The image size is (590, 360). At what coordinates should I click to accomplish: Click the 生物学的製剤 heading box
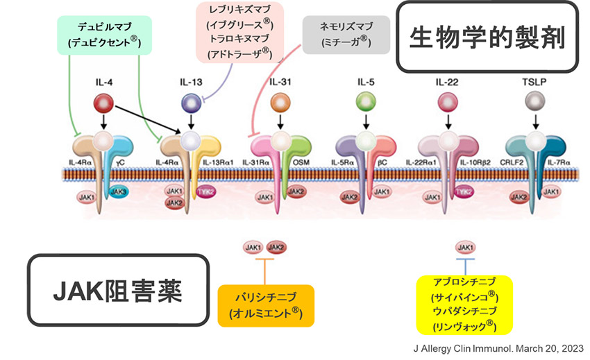point(486,37)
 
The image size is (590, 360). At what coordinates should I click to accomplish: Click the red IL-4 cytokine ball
point(103,104)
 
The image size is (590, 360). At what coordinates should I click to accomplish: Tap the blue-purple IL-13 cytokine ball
point(190,104)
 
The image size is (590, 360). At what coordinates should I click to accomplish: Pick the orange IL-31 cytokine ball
point(280,104)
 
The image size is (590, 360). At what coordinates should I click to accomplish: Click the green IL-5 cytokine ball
point(365,104)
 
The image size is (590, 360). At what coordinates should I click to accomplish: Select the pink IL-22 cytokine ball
point(448,104)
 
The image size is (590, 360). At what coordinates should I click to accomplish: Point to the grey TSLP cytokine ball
point(535,104)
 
